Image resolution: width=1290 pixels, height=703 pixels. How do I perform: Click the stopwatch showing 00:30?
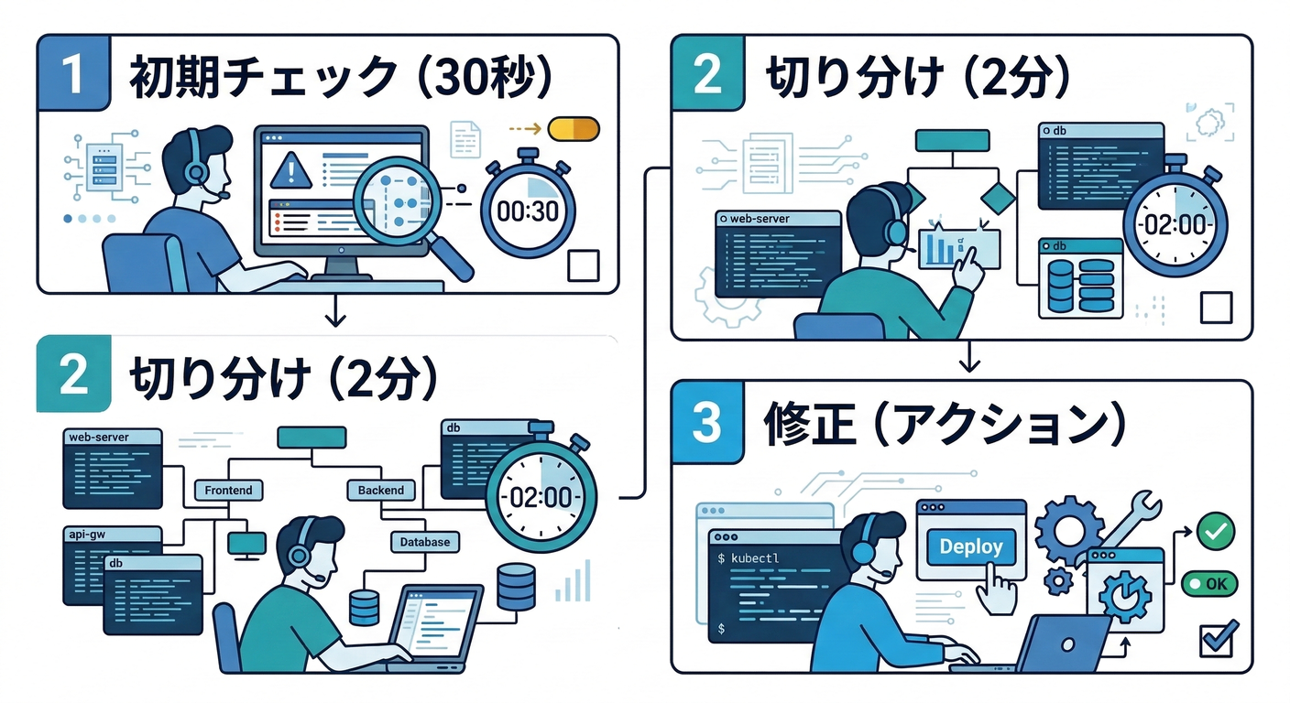[527, 211]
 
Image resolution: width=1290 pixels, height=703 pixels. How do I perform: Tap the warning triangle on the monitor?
[292, 169]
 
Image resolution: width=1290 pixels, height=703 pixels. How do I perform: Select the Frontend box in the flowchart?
[228, 491]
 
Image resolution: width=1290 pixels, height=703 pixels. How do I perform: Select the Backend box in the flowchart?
[380, 491]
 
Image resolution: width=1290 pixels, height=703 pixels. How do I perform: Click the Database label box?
[424, 542]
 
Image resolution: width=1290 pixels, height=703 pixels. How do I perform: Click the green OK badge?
[1208, 583]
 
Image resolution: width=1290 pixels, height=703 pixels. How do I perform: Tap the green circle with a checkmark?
[1216, 529]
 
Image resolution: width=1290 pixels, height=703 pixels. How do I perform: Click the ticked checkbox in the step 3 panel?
[1217, 638]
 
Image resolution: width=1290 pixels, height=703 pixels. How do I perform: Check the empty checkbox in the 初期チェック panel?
[584, 265]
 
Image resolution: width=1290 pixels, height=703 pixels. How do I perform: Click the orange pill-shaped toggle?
[573, 129]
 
